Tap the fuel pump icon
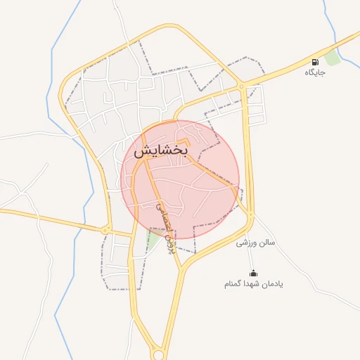pos(314,62)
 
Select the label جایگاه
pos(314,72)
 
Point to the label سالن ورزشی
pos(255,243)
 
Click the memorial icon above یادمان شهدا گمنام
pos(253,273)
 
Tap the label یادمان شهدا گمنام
pos(253,283)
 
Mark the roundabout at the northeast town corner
pos(241,86)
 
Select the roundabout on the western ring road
pos(105,229)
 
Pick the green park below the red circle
pos(151,241)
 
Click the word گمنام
pos(234,284)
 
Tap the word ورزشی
pos(244,243)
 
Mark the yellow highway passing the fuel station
pos(295,63)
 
